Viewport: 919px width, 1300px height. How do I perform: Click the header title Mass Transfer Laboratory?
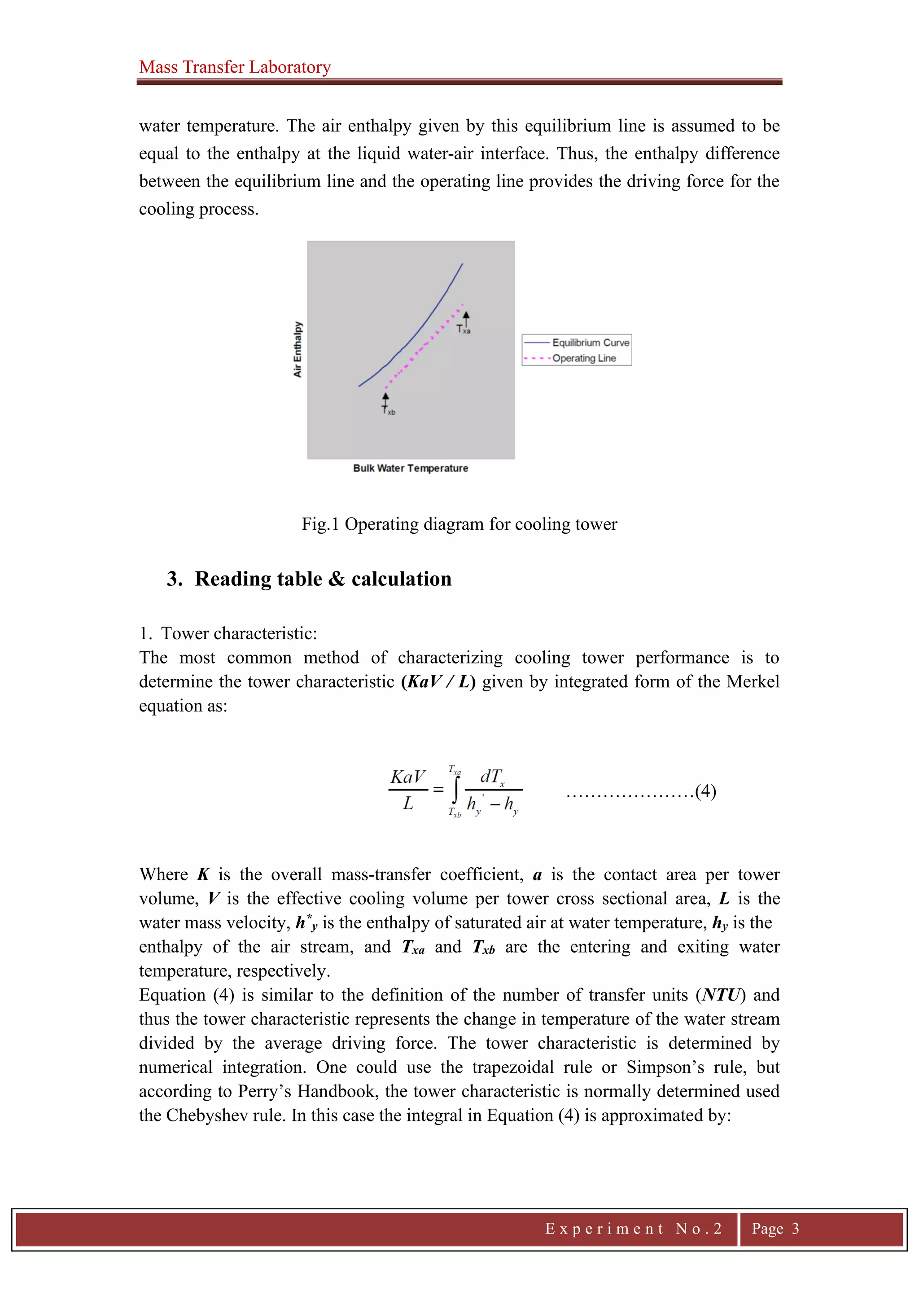coord(235,67)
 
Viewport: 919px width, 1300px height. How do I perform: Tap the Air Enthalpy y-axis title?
coord(298,349)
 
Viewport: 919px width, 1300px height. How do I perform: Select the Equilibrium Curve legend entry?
coord(590,343)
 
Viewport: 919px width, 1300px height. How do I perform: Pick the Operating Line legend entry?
coord(583,358)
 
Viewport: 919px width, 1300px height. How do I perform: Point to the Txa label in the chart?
coord(464,329)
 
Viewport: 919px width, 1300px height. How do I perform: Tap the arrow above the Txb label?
coord(385,399)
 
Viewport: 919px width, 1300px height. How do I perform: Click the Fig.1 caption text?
coord(459,524)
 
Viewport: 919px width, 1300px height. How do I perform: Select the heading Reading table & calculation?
coord(323,579)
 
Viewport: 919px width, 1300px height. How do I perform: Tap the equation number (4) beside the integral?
coord(706,791)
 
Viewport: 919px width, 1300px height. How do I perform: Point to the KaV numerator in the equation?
coord(407,777)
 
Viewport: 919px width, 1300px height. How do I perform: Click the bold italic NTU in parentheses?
coord(721,995)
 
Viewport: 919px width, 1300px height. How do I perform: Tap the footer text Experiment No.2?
coord(633,1228)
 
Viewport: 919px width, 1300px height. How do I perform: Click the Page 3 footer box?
coord(775,1228)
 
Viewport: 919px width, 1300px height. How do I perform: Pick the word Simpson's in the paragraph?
coord(662,1067)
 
